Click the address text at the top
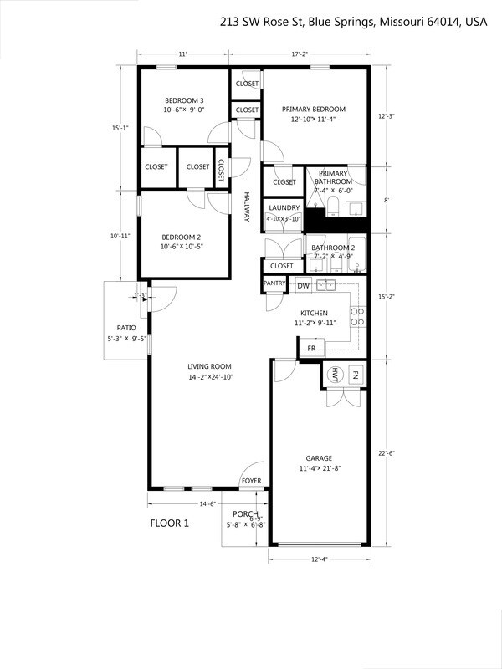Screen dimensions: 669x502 [x=353, y=23]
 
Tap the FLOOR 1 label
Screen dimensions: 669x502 [x=170, y=523]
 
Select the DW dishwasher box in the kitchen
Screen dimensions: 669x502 [x=304, y=286]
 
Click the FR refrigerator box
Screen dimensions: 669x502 [x=311, y=348]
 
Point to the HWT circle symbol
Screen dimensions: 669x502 [x=335, y=375]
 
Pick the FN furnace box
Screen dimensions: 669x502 [x=356, y=375]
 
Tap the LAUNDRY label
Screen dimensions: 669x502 [x=284, y=207]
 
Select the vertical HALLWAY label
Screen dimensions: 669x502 [x=247, y=207]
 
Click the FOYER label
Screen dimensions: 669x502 [x=251, y=481]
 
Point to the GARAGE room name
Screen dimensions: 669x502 [x=318, y=458]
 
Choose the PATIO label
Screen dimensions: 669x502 [x=126, y=328]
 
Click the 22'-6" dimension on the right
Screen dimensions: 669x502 [x=386, y=454]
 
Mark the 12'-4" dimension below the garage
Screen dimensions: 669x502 [x=318, y=559]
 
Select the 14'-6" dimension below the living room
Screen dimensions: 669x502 [x=207, y=503]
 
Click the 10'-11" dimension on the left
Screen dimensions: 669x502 [x=120, y=236]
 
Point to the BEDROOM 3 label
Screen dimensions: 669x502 [x=184, y=100]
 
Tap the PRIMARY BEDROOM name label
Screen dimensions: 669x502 [x=313, y=110]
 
